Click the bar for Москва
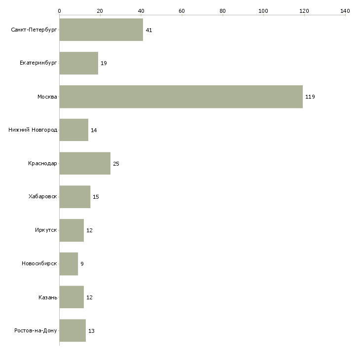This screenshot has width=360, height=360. (x=181, y=97)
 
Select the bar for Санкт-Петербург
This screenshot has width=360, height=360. (x=101, y=30)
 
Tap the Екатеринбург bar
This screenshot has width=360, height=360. (x=79, y=63)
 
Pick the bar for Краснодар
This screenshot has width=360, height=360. (x=85, y=163)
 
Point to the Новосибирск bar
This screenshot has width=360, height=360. (x=69, y=264)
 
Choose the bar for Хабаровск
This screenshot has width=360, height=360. (x=75, y=197)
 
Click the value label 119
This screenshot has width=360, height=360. (x=310, y=97)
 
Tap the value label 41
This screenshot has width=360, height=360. (x=149, y=30)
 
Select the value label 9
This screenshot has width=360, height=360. (x=82, y=264)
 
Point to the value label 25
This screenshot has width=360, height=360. (x=116, y=164)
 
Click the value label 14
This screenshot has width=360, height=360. (x=94, y=130)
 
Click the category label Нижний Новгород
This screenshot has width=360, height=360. (x=33, y=130)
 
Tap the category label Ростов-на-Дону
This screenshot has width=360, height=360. (x=36, y=330)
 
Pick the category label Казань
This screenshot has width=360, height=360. (x=48, y=297)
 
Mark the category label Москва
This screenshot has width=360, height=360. (x=47, y=97)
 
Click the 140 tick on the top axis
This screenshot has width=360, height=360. (x=345, y=10)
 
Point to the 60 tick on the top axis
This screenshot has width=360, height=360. (x=181, y=10)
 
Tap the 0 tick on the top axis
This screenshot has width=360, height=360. (x=59, y=10)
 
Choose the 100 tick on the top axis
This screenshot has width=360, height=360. (x=263, y=10)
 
